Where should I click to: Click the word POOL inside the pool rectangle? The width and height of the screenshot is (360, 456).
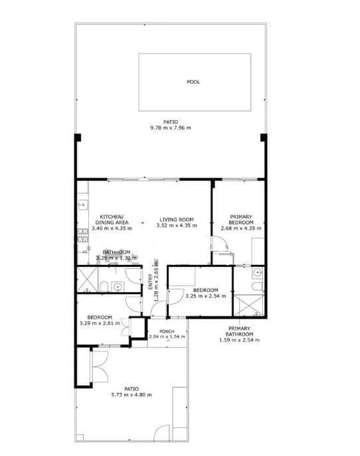(193, 82)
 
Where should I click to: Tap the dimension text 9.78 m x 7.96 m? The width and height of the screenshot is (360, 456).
(171, 127)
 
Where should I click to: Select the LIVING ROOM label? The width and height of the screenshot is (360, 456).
(176, 219)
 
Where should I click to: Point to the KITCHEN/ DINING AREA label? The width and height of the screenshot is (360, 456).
(111, 220)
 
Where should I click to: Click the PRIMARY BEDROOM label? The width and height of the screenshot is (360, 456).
(240, 220)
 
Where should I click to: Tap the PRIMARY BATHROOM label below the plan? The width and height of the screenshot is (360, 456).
(239, 331)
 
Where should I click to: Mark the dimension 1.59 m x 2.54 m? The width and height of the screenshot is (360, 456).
(239, 340)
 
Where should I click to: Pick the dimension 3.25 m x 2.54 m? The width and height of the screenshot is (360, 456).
(206, 296)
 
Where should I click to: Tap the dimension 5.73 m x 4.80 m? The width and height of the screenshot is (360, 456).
(132, 394)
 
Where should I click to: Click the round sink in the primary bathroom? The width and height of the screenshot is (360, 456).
(258, 272)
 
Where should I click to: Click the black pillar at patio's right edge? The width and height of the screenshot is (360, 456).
(264, 137)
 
